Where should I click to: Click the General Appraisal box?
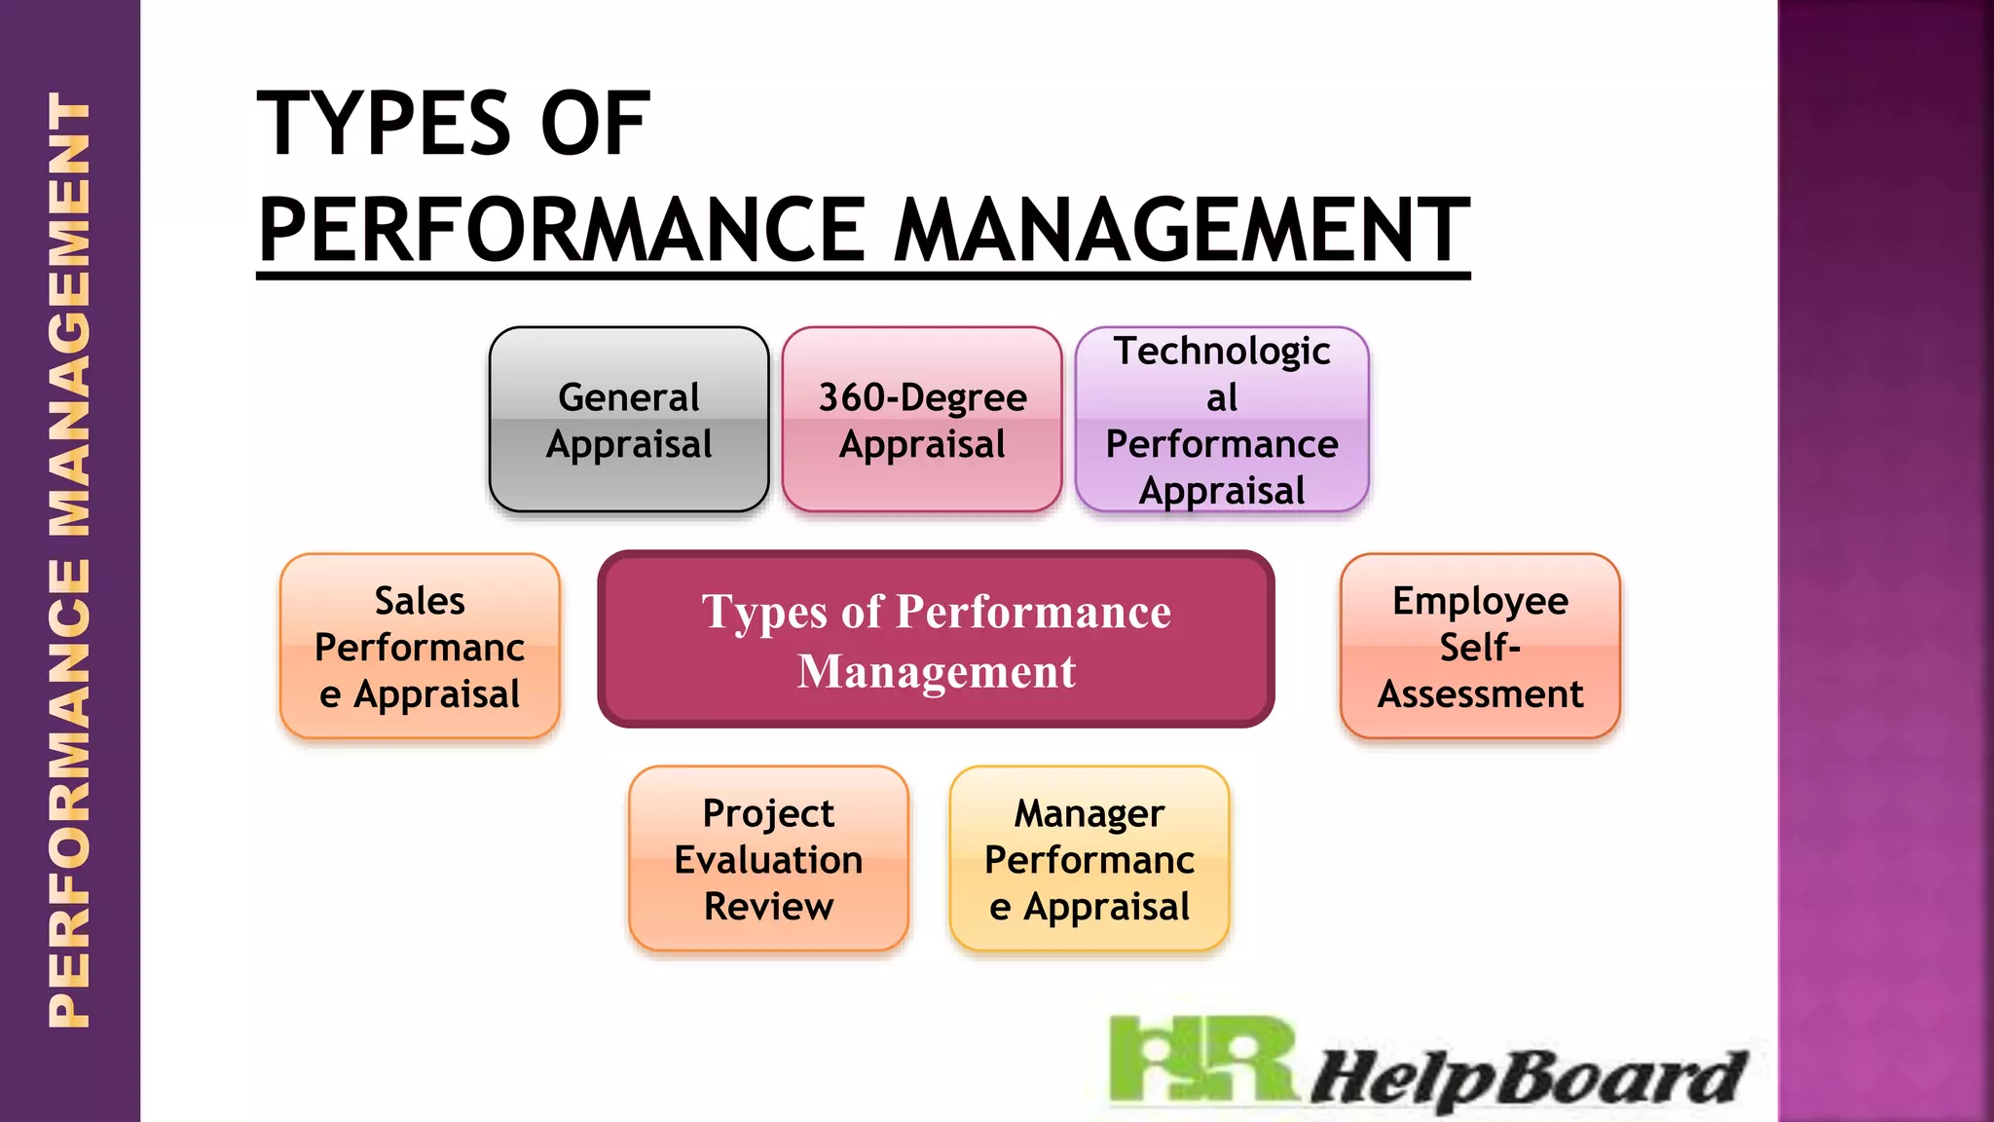[629, 420]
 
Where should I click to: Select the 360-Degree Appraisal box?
[921, 420]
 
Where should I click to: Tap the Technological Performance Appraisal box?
[1222, 420]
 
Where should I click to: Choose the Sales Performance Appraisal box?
[420, 647]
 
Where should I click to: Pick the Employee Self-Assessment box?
[1480, 647]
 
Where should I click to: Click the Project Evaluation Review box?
[768, 859]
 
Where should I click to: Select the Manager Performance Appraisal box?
[1089, 859]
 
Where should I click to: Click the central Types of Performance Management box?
[936, 640]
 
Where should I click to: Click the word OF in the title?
[595, 124]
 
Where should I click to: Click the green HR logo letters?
[1203, 1060]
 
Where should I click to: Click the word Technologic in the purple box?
[1222, 352]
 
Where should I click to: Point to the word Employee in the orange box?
[1480, 601]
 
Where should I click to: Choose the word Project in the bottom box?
[768, 813]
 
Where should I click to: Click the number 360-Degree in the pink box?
[922, 397]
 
